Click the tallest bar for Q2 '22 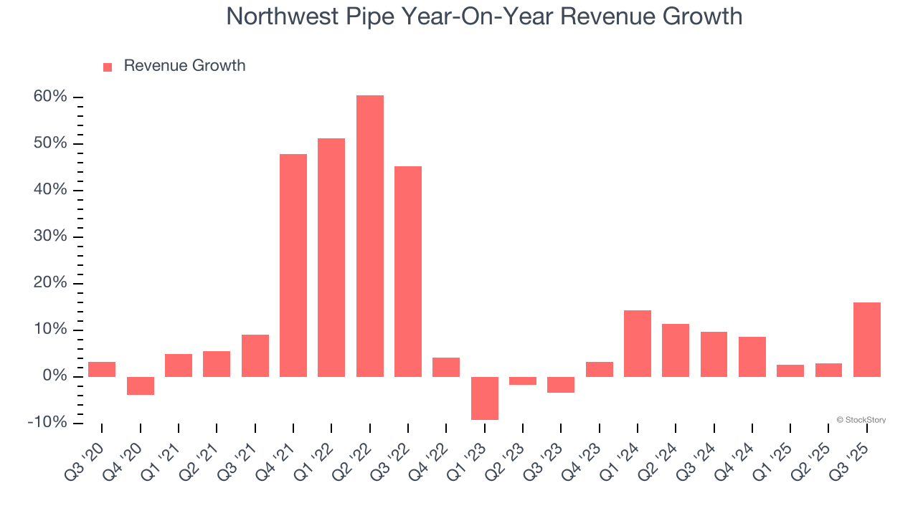369,236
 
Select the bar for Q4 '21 293,265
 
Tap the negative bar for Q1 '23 485,398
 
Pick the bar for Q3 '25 867,339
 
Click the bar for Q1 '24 638,343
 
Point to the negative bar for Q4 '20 141,386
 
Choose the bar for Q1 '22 331,257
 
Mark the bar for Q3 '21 255,355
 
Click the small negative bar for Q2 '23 523,381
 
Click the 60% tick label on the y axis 49,97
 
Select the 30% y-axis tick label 49,236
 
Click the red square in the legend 108,67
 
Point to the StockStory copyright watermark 861,420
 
